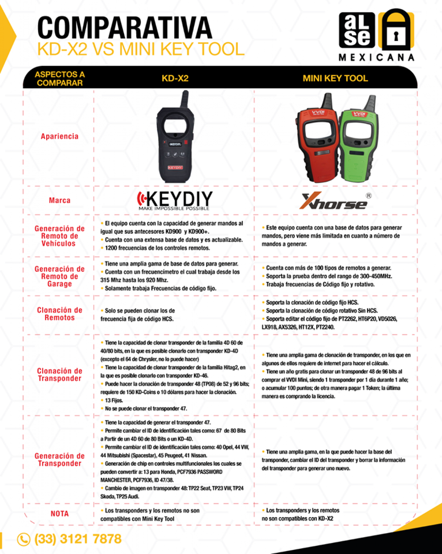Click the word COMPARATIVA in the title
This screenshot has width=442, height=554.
(x=124, y=28)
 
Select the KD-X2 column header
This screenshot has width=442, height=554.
(x=175, y=78)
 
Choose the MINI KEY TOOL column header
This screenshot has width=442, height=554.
(x=335, y=78)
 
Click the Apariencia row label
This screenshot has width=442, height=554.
(x=59, y=136)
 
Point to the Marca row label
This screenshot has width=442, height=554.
(x=59, y=200)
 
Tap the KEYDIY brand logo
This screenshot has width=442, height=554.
(x=174, y=200)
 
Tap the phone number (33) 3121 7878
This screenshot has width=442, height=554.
(x=78, y=539)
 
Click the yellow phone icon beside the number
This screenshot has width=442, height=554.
(x=23, y=539)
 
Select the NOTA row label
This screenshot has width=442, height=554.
(x=59, y=513)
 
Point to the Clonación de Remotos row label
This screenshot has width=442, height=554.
(x=59, y=314)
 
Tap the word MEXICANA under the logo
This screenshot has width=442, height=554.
(x=376, y=58)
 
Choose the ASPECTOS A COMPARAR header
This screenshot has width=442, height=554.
(x=59, y=78)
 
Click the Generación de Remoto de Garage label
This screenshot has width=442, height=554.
(x=59, y=276)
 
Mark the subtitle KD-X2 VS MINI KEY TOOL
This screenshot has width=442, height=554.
(x=141, y=49)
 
